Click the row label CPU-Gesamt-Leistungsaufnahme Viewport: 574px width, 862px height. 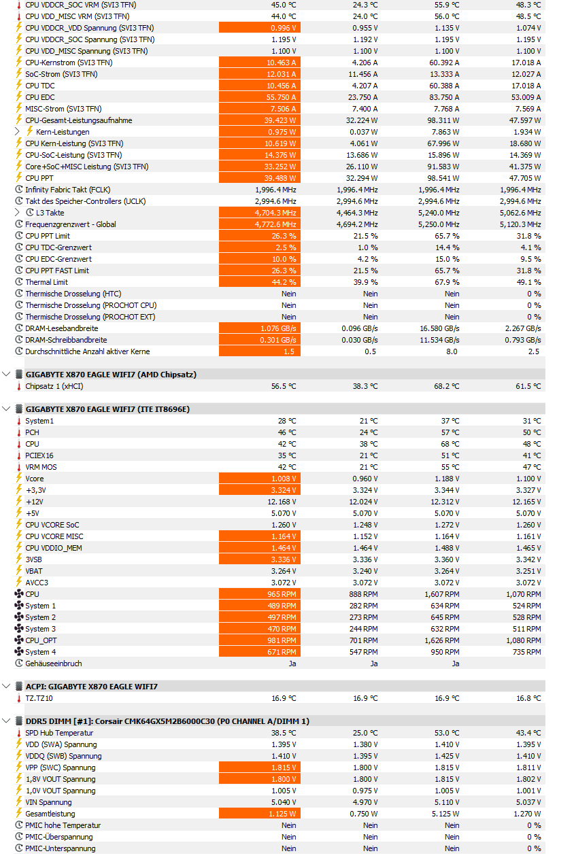coord(79,120)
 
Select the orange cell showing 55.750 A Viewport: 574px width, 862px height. coord(260,97)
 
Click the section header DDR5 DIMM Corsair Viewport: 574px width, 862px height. coord(167,721)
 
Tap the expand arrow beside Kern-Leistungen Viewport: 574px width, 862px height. coord(18,132)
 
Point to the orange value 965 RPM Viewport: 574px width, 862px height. coord(260,594)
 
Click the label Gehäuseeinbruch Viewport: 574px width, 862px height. coord(54,663)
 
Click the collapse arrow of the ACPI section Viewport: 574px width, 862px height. coord(7,687)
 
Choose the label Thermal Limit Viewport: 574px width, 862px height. coord(47,282)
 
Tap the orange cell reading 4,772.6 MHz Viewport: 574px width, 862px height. coord(260,224)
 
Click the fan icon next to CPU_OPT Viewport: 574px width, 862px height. coord(19,640)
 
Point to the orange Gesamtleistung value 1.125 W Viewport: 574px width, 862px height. coord(260,814)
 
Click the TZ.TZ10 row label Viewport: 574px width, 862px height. coord(39,698)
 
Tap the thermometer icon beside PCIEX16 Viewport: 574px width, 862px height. coord(19,455)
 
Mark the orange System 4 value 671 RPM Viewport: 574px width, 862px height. coord(260,652)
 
